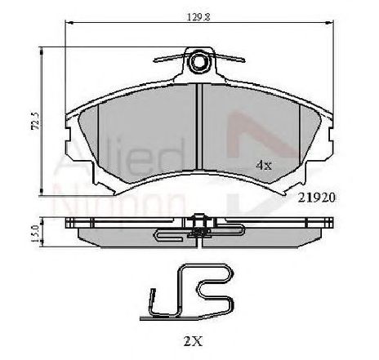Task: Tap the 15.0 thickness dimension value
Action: tap(33, 231)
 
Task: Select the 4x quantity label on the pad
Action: tap(263, 164)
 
